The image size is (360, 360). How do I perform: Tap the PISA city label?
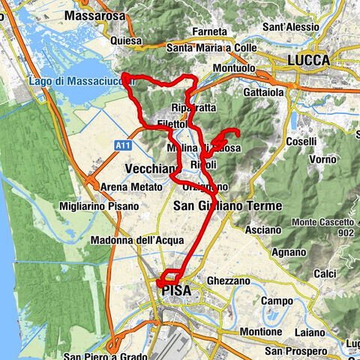[x=175, y=289]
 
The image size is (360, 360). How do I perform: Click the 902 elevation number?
[x=345, y=232]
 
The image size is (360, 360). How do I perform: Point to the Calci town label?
[x=325, y=274]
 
